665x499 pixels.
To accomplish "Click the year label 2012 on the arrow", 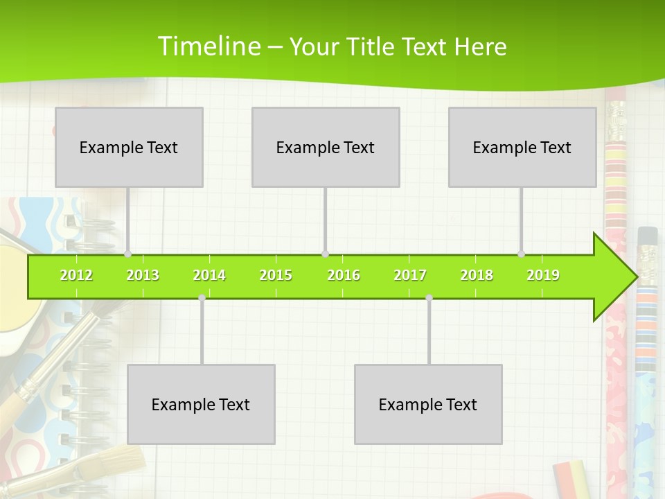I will point(76,275).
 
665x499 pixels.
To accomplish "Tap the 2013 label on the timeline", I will point(143,275).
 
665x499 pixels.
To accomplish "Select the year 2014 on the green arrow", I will point(209,275).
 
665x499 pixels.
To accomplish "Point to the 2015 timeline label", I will point(276,275).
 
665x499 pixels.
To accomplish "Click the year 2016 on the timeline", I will point(344,275).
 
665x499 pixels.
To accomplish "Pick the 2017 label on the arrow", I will point(410,275).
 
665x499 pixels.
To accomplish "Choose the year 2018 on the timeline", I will point(477,275).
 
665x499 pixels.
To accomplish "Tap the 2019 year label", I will point(543,275).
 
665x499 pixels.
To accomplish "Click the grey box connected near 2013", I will point(129,147).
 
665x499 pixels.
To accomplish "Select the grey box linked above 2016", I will point(326,147).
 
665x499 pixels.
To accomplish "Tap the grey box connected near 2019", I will point(522,147).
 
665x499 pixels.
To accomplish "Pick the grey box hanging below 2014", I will point(201,404).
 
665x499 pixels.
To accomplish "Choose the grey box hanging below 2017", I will point(428,404).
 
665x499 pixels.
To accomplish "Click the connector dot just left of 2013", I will point(127,254).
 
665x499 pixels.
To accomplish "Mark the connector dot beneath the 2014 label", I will point(202,297).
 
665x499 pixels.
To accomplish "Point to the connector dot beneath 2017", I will point(429,297).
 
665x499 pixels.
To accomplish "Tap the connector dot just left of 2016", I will point(325,254).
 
